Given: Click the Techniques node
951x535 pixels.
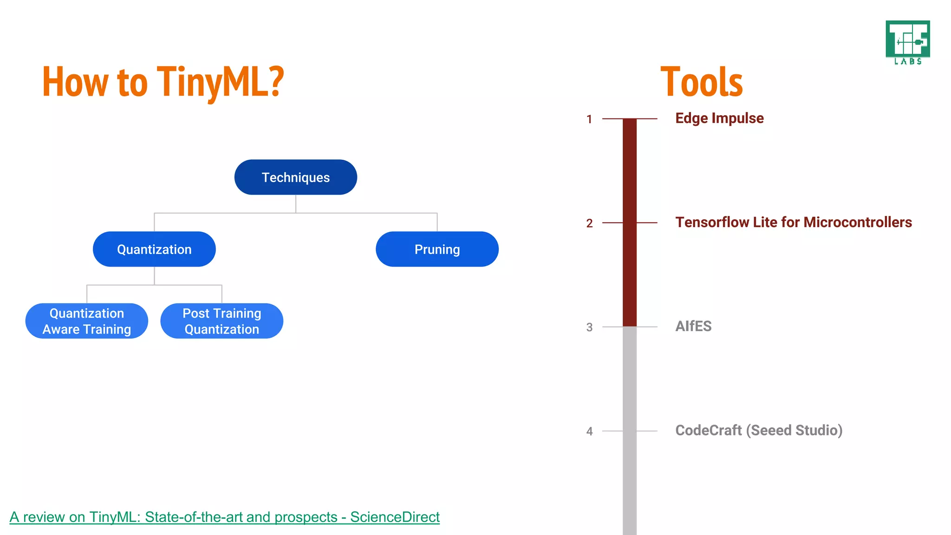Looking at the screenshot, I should [x=295, y=177].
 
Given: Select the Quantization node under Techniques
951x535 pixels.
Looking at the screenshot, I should [x=154, y=249].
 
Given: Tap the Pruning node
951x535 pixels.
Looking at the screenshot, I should [x=437, y=249].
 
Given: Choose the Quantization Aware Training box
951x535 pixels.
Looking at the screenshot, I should [x=87, y=321].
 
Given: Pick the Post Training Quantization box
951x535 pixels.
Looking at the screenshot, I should [x=221, y=321].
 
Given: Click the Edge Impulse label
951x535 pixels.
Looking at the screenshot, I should [x=719, y=118].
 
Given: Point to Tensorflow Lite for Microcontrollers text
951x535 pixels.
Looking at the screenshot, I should [x=793, y=222].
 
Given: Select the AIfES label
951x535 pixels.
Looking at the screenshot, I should [x=693, y=326].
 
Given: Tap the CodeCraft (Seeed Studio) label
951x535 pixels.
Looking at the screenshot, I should [x=759, y=431].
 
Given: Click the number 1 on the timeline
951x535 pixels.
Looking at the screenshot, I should [x=589, y=119].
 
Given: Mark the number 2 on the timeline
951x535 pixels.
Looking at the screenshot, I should [x=589, y=223].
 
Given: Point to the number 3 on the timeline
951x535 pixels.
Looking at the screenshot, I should [x=589, y=327].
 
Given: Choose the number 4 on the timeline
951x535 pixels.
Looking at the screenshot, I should [x=589, y=431].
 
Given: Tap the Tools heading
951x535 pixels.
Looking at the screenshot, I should [x=702, y=83].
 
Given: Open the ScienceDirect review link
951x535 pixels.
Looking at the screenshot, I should [x=224, y=517].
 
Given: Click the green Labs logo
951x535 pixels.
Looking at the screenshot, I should [x=907, y=42].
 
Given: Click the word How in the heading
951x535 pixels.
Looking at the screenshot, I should [x=75, y=83].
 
